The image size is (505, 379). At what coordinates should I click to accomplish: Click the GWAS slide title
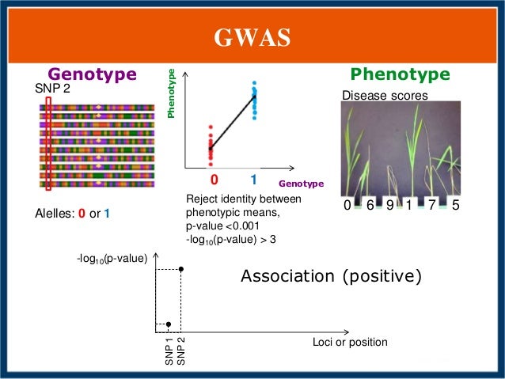point(252,37)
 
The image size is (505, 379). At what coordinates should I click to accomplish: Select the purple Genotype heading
point(93,74)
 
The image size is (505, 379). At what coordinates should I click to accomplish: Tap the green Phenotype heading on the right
point(401,74)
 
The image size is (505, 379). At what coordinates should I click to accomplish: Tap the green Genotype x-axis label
point(302,184)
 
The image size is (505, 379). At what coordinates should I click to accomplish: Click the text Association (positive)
point(331,277)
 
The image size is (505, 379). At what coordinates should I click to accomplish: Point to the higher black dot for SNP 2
point(181,270)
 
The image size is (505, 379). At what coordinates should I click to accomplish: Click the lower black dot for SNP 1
point(169,324)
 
